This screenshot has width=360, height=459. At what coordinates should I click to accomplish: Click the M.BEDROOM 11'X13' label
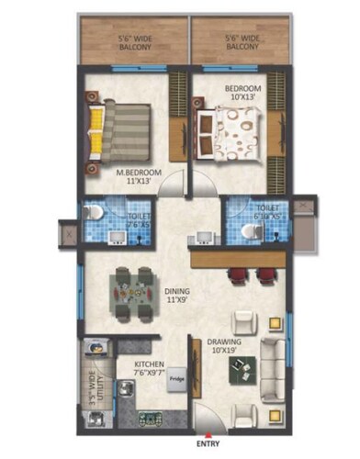point(140,177)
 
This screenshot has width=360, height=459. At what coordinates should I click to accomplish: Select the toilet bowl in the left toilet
point(92,213)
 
